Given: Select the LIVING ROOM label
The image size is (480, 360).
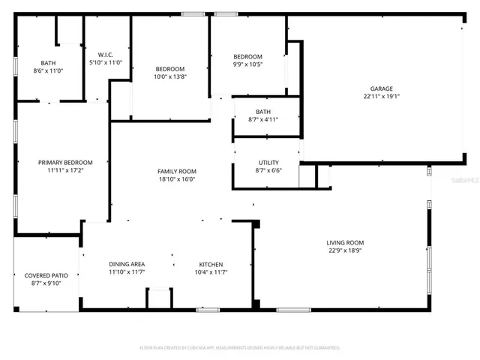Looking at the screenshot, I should click(345, 242).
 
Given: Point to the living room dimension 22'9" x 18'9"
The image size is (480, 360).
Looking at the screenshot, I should click(345, 250).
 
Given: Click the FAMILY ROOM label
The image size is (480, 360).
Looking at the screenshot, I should click(176, 171).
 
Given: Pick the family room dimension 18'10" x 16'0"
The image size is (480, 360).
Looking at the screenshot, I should click(176, 179).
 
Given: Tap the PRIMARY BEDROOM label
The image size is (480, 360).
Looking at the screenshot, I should click(65, 163).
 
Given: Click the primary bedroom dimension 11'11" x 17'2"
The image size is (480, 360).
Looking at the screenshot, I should click(65, 170).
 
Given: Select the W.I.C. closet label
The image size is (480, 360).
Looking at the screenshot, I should click(105, 54).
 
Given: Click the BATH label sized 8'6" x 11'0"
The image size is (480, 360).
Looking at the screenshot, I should click(48, 63).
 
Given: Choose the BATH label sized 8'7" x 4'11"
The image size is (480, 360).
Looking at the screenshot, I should click(262, 112).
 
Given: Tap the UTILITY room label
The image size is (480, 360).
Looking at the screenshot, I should click(268, 163).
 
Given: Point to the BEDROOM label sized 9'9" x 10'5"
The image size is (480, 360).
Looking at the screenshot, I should click(247, 57).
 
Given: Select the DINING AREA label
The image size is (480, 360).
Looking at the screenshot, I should click(127, 264).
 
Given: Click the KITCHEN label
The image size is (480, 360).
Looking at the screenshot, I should click(211, 264).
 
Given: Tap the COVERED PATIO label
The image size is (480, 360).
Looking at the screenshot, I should click(46, 275).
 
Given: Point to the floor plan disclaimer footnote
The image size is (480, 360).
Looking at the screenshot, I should click(240, 347).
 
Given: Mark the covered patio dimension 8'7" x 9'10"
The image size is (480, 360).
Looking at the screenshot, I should click(46, 283).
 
